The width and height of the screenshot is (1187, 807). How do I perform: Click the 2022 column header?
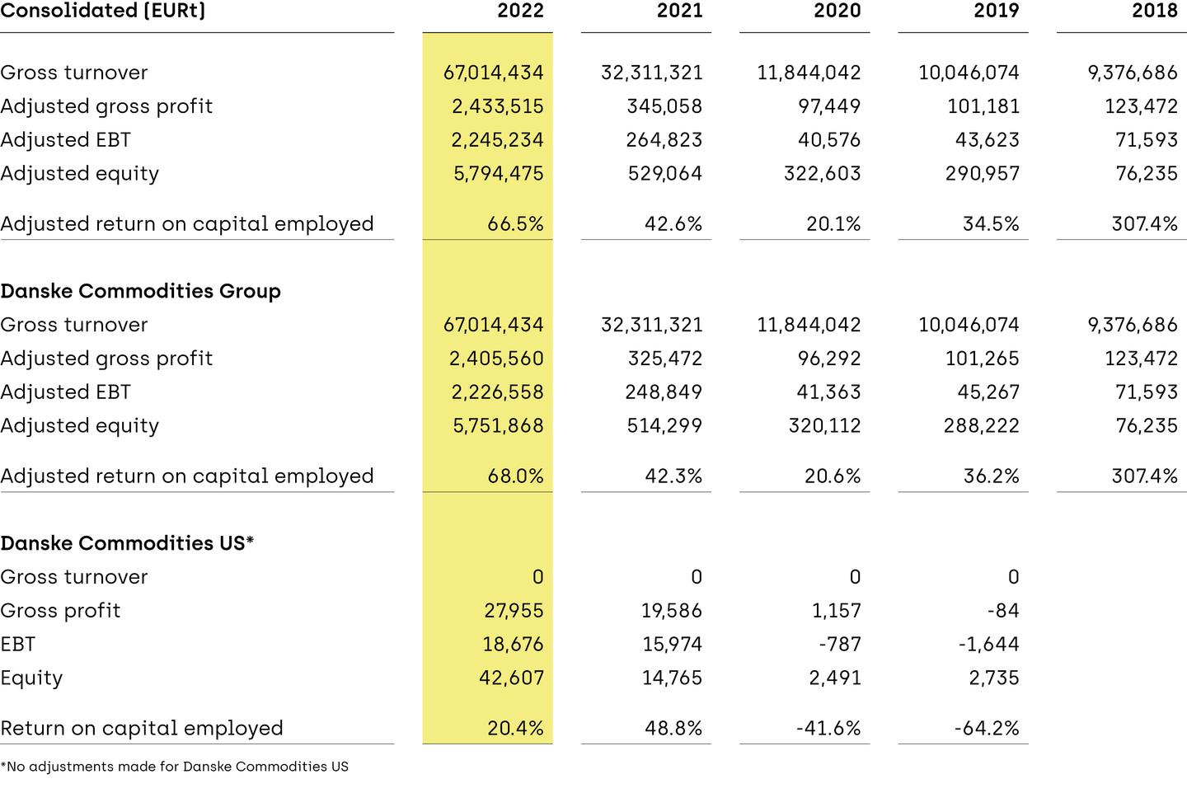pos(520,11)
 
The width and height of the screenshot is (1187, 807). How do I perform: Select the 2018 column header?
pos(1155,11)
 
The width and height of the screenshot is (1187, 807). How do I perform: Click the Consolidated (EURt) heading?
pos(103,11)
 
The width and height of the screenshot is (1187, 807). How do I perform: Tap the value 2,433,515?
pos(497,106)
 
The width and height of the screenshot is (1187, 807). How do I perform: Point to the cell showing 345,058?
pos(664,106)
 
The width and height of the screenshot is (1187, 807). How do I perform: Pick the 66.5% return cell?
pos(515,224)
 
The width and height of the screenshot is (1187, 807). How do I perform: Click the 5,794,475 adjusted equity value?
pos(498,174)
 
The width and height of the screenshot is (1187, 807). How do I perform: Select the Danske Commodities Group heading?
pos(141,291)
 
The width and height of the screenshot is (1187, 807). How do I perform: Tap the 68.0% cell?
pos(515,476)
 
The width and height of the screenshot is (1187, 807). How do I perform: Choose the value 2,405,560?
pos(496,359)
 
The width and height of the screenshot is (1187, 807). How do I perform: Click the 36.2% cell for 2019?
pos(991,476)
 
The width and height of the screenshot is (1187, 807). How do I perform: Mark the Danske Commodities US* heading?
pos(127,543)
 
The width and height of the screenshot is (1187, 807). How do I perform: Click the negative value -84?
pos(1002,611)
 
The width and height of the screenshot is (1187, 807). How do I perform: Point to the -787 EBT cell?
pos(840,645)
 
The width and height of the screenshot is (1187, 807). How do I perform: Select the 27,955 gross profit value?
pos(514,611)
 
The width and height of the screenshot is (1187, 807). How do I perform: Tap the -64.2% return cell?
pos(988,729)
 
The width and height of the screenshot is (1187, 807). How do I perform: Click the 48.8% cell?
pos(673,729)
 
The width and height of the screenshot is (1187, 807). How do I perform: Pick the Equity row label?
pos(31,678)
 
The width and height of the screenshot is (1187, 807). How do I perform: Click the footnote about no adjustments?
pos(175,767)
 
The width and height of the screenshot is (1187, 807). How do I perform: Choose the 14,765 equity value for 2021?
pos(672,678)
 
